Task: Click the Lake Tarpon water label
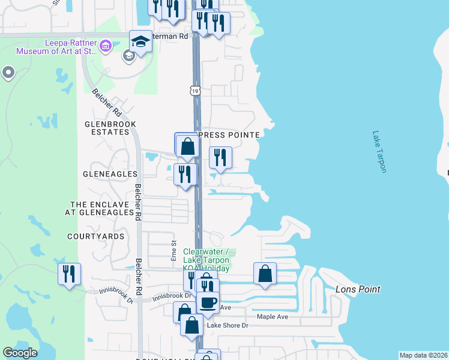coord(379,152)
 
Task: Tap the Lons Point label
coord(357,290)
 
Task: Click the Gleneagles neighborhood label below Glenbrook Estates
coord(110,174)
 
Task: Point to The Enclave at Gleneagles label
coord(101,208)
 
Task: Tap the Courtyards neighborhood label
coord(96,236)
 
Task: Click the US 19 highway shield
coord(195,91)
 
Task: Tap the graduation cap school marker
coord(140,42)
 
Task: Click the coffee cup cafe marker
coord(208,302)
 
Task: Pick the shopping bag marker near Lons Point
coord(265,274)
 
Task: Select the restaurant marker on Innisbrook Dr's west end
coord(69,274)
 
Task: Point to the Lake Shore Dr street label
coord(228,326)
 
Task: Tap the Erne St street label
coord(174,250)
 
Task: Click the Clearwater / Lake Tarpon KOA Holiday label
coord(206,260)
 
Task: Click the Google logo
coord(20,353)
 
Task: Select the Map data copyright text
coord(423,355)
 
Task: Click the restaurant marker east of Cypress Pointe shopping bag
coord(220,158)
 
